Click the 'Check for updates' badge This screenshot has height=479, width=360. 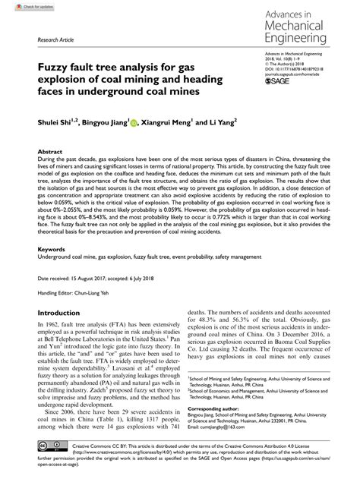tap(21, 7)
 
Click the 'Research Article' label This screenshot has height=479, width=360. tap(43, 38)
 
